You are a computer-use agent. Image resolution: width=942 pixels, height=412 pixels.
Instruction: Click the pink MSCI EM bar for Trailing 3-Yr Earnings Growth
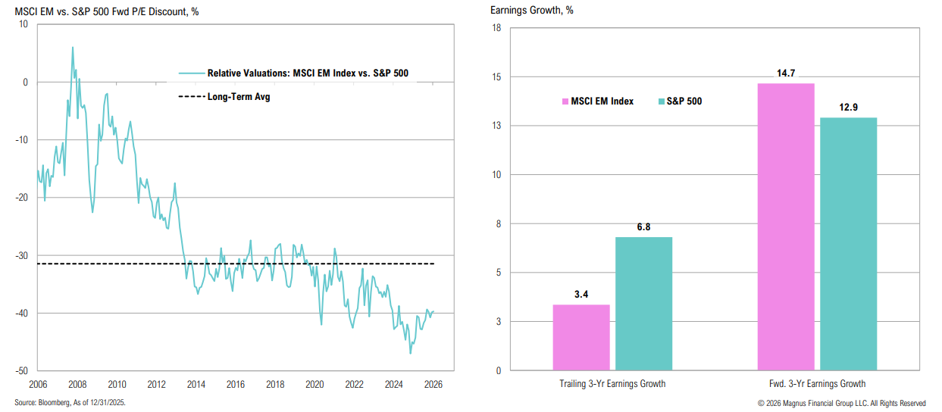tap(581, 338)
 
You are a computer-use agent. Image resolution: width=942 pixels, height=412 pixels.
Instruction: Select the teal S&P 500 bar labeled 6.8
tap(643, 304)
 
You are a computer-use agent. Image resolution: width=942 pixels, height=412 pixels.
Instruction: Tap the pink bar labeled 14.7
tap(786, 227)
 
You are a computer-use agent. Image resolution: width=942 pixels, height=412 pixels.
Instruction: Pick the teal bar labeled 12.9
tap(848, 244)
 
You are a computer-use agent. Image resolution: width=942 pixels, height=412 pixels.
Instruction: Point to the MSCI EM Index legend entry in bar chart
tap(598, 101)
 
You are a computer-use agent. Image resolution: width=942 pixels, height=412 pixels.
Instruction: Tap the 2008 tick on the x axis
tap(77, 384)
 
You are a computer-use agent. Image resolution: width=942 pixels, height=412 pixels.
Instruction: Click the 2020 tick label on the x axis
tap(314, 384)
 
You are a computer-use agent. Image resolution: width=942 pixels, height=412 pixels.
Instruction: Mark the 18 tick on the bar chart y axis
tap(496, 28)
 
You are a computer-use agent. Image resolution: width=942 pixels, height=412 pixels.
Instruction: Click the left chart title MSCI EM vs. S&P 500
tap(107, 11)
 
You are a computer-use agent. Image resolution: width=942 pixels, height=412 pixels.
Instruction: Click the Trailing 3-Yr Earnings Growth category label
tap(612, 384)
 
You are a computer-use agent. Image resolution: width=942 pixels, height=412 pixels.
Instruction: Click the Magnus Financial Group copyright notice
tap(840, 403)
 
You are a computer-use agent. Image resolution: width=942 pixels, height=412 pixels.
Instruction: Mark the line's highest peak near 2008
tap(73, 48)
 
